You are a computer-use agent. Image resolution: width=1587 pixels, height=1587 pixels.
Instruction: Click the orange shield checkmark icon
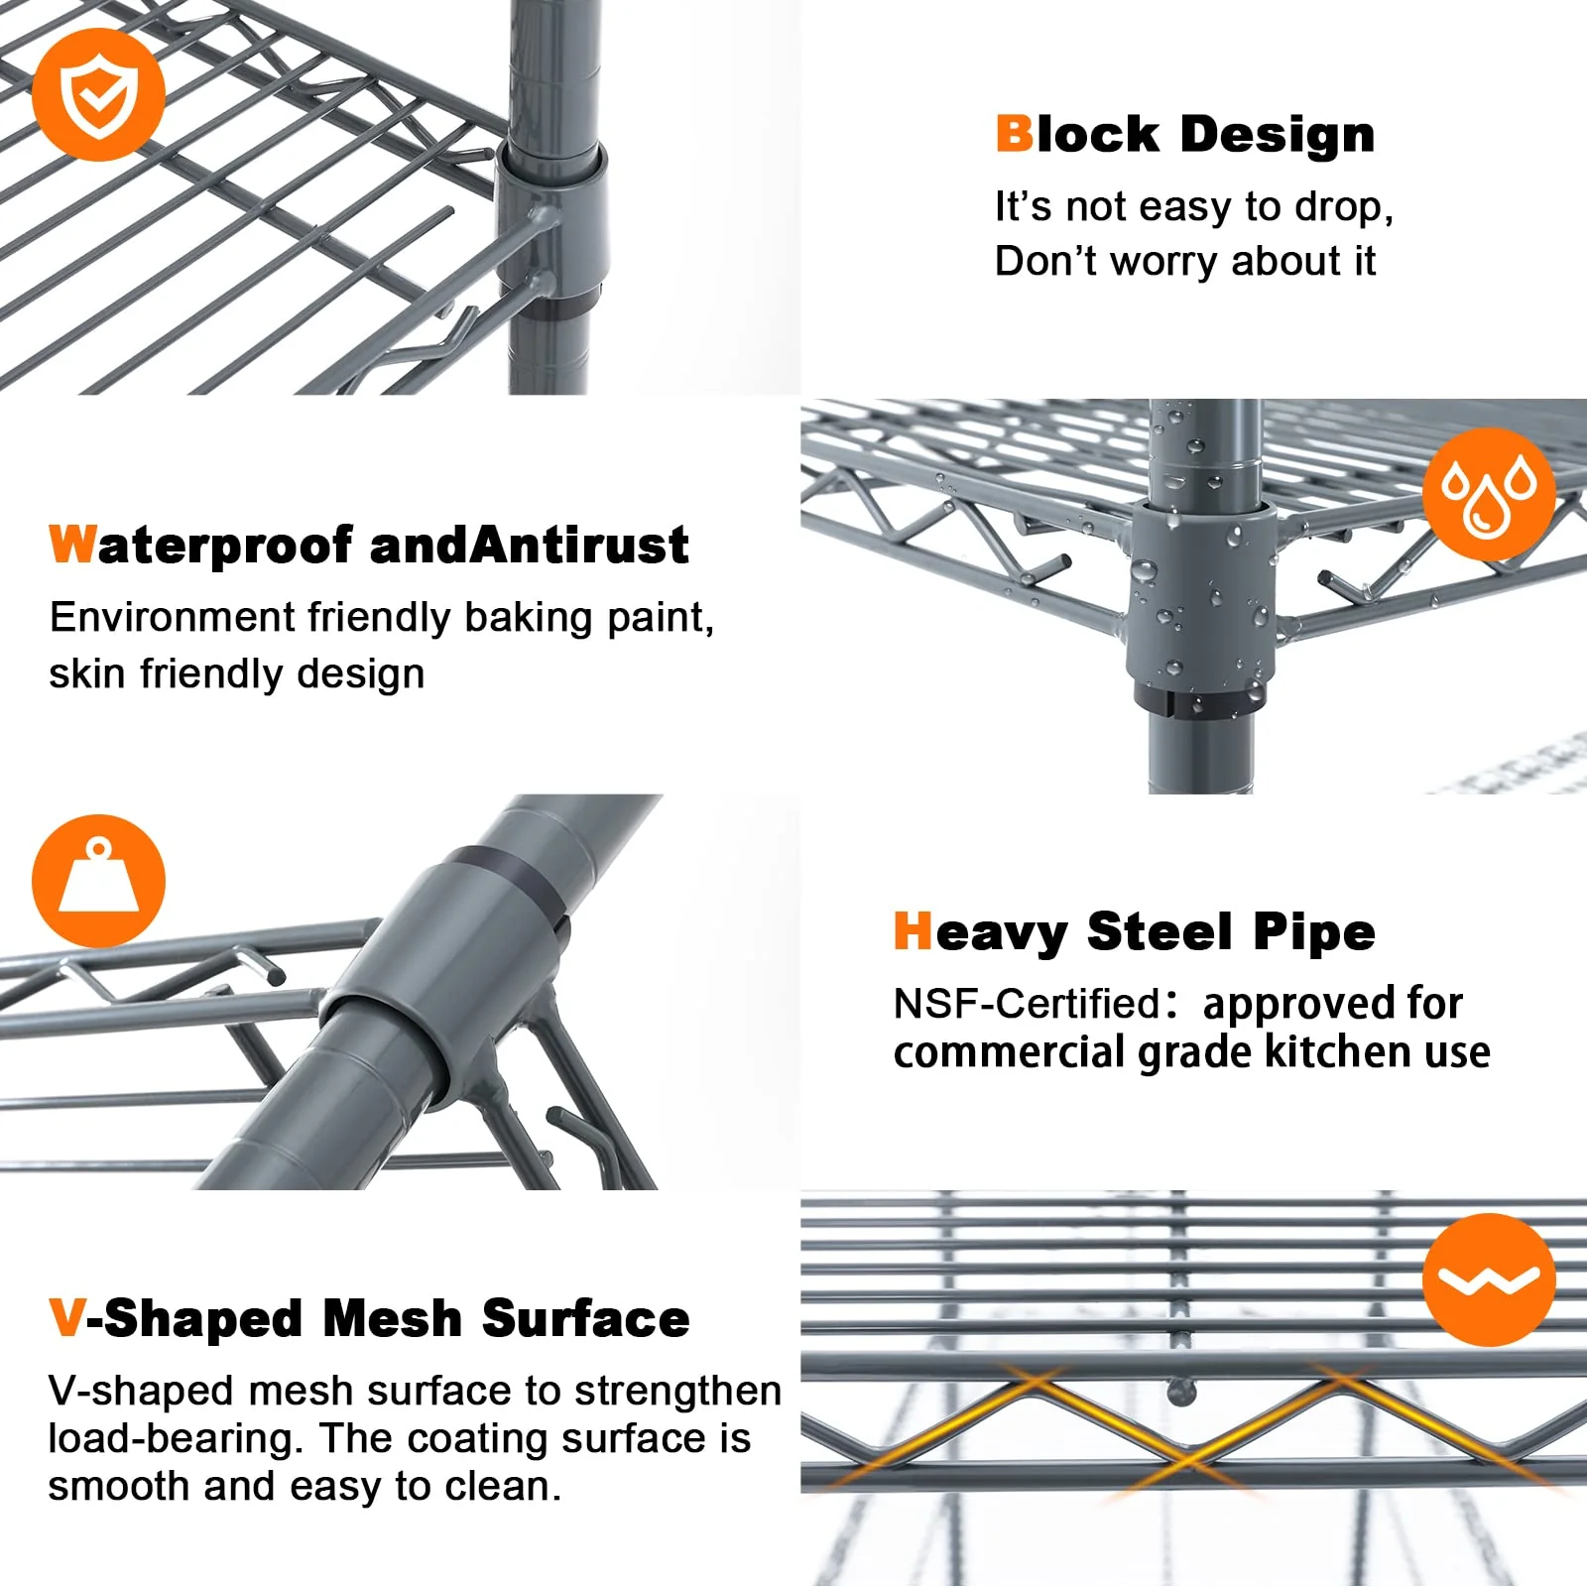(x=98, y=94)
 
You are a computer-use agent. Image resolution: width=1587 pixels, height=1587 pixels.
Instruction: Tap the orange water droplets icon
(x=1489, y=494)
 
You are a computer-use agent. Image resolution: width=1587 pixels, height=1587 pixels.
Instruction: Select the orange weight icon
(x=98, y=881)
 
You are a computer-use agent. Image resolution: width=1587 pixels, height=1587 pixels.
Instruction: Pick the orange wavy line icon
(x=1489, y=1280)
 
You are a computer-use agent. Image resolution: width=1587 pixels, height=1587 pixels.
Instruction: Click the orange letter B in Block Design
(x=1014, y=134)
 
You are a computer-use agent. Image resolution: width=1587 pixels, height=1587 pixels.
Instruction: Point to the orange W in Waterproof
(x=72, y=545)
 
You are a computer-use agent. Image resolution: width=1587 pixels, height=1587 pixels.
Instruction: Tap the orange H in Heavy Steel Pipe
(x=914, y=931)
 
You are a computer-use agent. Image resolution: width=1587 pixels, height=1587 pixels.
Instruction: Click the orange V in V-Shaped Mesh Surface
(x=66, y=1318)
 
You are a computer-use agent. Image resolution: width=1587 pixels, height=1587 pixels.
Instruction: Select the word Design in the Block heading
(x=1278, y=136)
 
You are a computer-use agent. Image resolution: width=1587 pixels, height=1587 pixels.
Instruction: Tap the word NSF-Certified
(x=1027, y=1004)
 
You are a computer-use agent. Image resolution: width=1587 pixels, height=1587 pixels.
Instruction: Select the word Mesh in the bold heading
(x=393, y=1318)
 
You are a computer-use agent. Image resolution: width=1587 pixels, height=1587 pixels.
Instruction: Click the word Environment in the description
(x=172, y=617)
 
